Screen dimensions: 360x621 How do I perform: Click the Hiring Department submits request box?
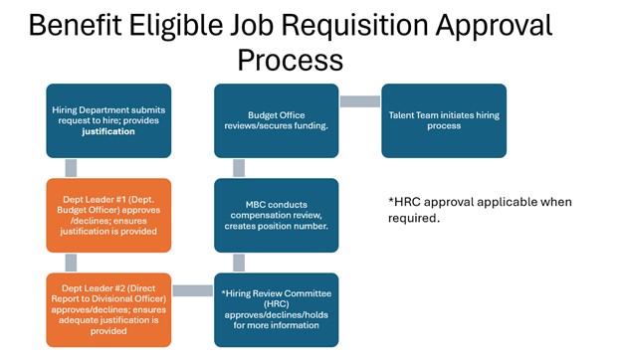click(108, 119)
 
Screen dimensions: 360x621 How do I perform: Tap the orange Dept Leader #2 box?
click(108, 309)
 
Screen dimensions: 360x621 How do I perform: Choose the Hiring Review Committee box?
click(277, 309)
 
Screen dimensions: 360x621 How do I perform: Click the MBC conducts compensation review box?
click(277, 214)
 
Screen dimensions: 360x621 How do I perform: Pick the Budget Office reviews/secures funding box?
click(277, 119)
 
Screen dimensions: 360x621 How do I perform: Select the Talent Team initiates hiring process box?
click(444, 119)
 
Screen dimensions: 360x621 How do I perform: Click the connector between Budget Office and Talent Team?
click(360, 100)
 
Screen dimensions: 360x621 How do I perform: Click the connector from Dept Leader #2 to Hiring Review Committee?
click(192, 290)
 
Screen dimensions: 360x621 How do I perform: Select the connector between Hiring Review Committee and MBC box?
click(239, 262)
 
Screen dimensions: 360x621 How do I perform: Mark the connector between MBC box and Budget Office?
click(239, 166)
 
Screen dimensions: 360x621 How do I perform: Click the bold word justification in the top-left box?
click(108, 131)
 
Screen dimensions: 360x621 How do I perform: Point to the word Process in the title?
click(290, 60)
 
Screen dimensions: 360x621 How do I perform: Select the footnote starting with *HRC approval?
click(480, 209)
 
